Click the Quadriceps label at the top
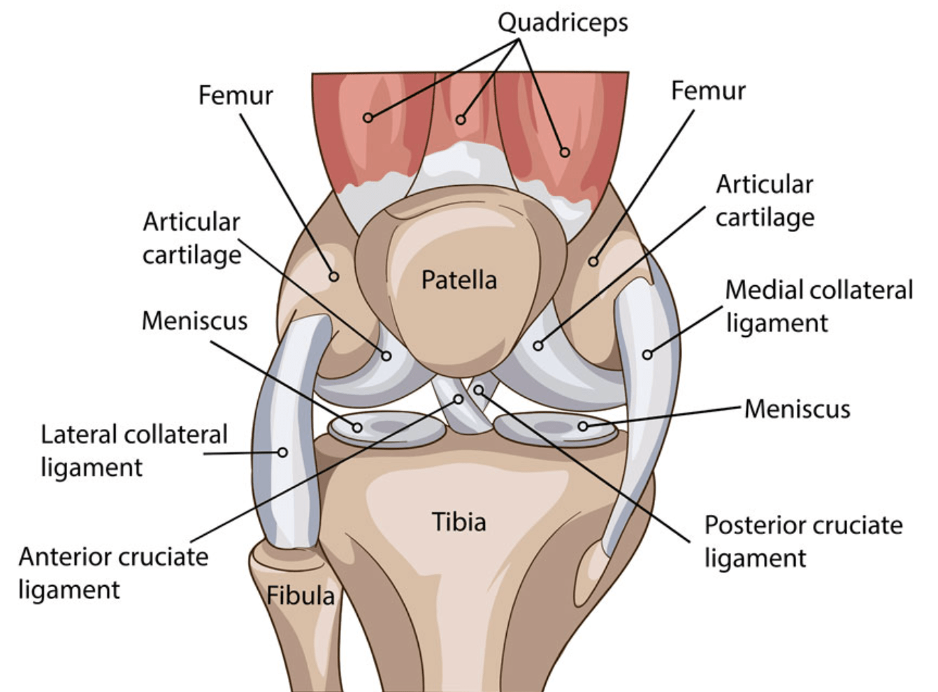pyautogui.click(x=563, y=23)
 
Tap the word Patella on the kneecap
pyautogui.click(x=459, y=280)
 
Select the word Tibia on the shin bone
pyautogui.click(x=459, y=522)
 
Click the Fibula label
pyautogui.click(x=301, y=596)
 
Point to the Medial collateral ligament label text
pyautogui.click(x=818, y=306)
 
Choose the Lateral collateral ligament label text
pyautogui.click(x=134, y=451)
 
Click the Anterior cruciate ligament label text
pyautogui.click(x=113, y=573)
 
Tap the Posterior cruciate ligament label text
pyautogui.click(x=804, y=541)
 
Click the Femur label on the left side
pyautogui.click(x=236, y=95)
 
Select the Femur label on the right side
pyautogui.click(x=708, y=91)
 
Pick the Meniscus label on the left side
pyautogui.click(x=195, y=321)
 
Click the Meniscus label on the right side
pyautogui.click(x=798, y=409)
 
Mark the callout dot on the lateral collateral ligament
pyautogui.click(x=282, y=452)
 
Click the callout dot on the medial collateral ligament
pyautogui.click(x=647, y=355)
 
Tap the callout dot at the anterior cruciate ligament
pyautogui.click(x=459, y=399)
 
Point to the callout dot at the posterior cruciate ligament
pyautogui.click(x=479, y=391)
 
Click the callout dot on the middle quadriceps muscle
pyautogui.click(x=461, y=120)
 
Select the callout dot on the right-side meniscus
pyautogui.click(x=583, y=426)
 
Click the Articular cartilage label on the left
pyautogui.click(x=192, y=238)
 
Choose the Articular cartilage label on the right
pyautogui.click(x=765, y=201)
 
